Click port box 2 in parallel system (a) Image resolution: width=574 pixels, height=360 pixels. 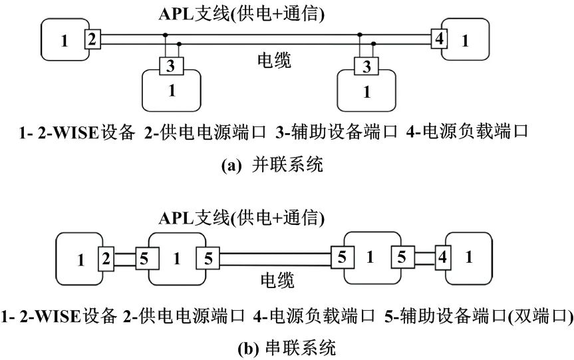92,39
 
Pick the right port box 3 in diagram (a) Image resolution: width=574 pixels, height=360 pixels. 366,67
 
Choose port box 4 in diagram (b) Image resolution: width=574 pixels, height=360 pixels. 442,257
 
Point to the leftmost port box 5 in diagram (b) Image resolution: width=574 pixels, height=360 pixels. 144,257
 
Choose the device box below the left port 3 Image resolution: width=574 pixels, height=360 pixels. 172,90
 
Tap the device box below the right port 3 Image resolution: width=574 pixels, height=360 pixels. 366,91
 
